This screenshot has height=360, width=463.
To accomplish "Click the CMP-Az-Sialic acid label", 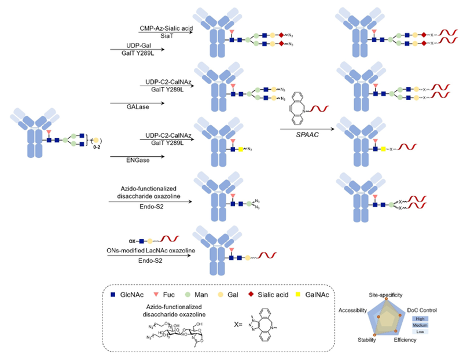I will (x=165, y=28).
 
